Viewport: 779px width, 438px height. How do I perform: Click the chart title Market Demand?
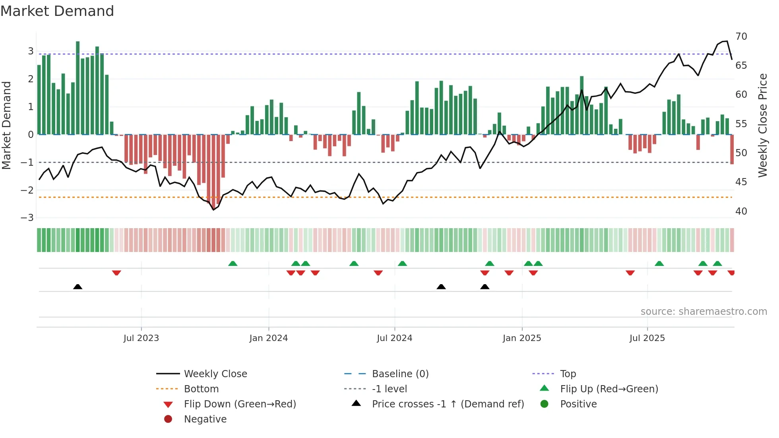pyautogui.click(x=57, y=11)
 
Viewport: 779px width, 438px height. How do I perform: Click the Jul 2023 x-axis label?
pyautogui.click(x=141, y=338)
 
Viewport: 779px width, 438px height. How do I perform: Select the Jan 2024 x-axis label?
pyautogui.click(x=268, y=338)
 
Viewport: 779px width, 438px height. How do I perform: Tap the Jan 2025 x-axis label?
pyautogui.click(x=521, y=338)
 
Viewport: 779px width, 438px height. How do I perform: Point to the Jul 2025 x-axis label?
pyautogui.click(x=647, y=338)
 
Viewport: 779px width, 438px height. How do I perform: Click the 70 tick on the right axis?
pyautogui.click(x=741, y=37)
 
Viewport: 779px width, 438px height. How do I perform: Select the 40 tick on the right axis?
pyautogui.click(x=741, y=211)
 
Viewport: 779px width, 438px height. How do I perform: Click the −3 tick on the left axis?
pyautogui.click(x=27, y=218)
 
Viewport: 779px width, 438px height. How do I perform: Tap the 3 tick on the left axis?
pyautogui.click(x=31, y=51)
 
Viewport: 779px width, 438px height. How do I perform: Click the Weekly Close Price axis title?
pyautogui.click(x=762, y=125)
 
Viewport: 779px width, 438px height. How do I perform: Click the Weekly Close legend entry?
pyautogui.click(x=215, y=374)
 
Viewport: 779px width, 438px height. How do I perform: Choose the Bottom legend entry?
pyautogui.click(x=201, y=389)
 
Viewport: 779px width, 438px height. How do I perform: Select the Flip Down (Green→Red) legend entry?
pyautogui.click(x=240, y=404)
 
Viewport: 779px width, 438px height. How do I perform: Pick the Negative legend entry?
pyautogui.click(x=205, y=419)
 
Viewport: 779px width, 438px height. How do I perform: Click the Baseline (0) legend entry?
pyautogui.click(x=400, y=374)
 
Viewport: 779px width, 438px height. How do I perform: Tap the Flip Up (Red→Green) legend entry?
pyautogui.click(x=609, y=389)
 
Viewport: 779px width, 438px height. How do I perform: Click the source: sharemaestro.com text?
pyautogui.click(x=703, y=312)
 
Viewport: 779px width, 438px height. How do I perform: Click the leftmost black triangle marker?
pyautogui.click(x=78, y=287)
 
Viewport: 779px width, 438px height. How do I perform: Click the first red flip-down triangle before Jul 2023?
pyautogui.click(x=116, y=273)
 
